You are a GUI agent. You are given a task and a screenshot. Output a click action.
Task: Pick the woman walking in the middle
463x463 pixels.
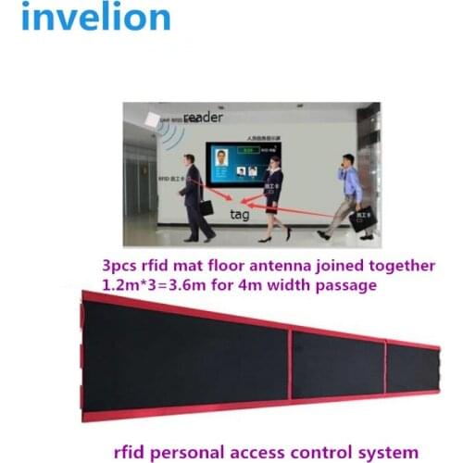click(x=275, y=195)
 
